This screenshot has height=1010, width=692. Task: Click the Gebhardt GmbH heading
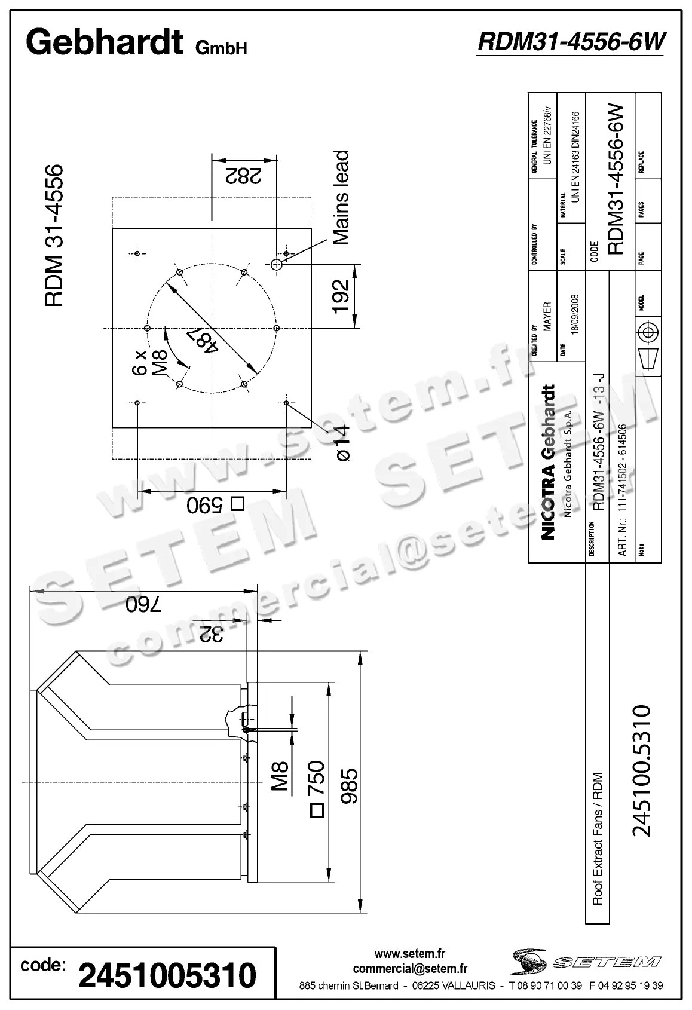136,44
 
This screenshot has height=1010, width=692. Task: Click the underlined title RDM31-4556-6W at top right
571,42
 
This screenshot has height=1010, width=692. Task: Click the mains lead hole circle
276,264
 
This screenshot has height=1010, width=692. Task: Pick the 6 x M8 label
149,362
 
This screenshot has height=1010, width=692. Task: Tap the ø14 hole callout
343,442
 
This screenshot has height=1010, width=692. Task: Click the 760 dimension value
143,605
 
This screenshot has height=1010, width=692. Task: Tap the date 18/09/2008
575,316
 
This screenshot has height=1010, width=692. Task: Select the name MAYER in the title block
547,317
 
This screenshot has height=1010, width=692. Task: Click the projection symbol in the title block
649,345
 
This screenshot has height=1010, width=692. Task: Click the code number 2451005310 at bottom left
167,975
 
